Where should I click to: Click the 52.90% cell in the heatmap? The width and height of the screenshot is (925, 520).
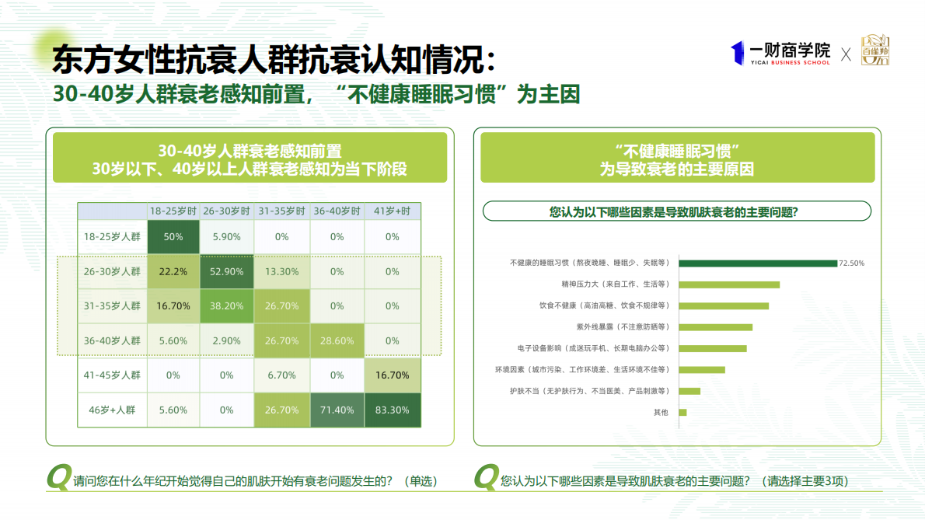click(226, 271)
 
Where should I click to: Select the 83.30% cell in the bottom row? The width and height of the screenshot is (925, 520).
click(393, 410)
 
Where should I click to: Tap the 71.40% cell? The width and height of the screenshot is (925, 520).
click(337, 410)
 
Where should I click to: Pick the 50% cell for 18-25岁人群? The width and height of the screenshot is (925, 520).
click(173, 237)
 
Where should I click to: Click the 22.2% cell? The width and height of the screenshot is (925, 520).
click(173, 271)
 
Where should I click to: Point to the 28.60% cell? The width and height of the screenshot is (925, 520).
click(337, 340)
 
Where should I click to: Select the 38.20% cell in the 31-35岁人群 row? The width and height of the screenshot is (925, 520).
click(226, 306)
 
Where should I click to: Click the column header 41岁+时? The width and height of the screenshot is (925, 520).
click(393, 211)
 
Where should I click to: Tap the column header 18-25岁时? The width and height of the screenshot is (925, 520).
click(173, 211)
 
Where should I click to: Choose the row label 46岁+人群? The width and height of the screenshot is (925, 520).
click(112, 410)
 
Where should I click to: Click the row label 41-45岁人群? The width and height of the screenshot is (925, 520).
click(112, 375)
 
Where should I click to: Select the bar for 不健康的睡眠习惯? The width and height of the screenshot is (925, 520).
click(758, 263)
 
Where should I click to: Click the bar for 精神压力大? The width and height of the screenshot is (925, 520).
click(729, 284)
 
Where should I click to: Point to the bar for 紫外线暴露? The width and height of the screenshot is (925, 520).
click(716, 327)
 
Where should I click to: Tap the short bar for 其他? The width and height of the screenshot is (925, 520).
click(682, 412)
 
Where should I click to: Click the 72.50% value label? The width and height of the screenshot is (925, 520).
click(851, 263)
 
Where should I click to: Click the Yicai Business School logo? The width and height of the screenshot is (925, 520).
click(780, 53)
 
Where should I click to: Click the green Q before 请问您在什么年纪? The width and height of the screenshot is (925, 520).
click(58, 477)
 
